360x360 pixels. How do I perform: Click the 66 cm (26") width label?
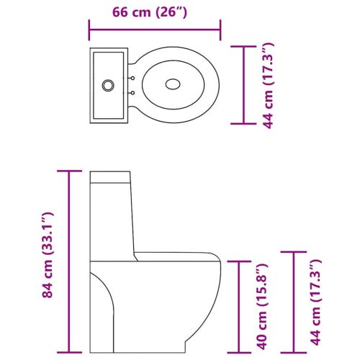tap(154, 12)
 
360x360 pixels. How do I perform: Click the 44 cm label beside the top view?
tap(268, 86)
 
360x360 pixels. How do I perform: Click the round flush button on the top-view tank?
tap(108, 84)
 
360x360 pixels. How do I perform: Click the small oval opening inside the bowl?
tap(173, 84)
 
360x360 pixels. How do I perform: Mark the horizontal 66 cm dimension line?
tap(154, 30)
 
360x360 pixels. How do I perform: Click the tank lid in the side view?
tap(109, 176)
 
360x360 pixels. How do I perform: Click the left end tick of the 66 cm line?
tap(89, 30)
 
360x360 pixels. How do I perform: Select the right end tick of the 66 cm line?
tap(220, 30)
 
